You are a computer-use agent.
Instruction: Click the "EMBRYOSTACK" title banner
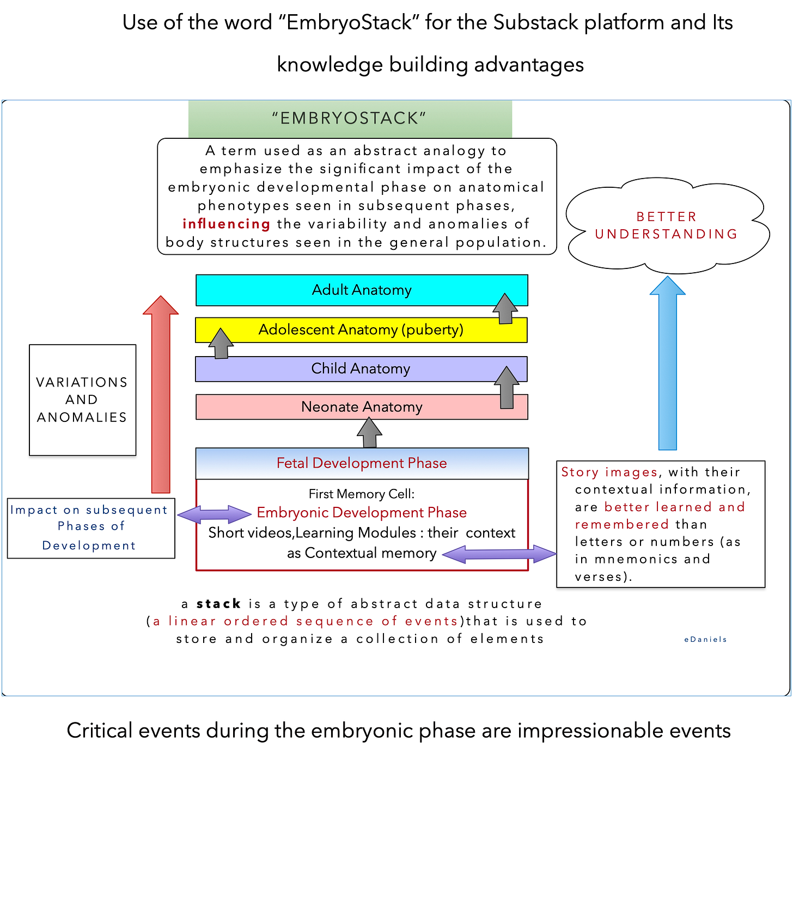(350, 118)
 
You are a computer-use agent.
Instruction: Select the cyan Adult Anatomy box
(362, 290)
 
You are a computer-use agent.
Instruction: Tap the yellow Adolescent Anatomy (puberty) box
(361, 330)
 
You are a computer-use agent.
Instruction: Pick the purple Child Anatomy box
(361, 369)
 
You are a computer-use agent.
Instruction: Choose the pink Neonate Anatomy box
(362, 407)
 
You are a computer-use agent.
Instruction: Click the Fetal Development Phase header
(362, 463)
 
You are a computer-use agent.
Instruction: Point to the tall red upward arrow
(161, 395)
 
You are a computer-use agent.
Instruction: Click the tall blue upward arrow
(668, 365)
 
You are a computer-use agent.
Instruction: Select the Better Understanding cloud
(667, 225)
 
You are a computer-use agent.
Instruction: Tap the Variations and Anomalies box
(82, 400)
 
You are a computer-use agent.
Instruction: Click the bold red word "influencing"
(227, 224)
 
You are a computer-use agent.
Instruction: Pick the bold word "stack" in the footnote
(218, 604)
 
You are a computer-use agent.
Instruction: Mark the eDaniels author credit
(705, 639)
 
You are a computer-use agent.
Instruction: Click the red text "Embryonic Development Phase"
(362, 512)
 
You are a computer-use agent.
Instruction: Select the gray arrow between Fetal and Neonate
(369, 433)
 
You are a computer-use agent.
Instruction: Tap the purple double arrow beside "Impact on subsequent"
(215, 514)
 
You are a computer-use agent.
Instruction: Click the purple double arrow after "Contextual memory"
(499, 554)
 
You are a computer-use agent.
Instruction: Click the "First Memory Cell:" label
(362, 494)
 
